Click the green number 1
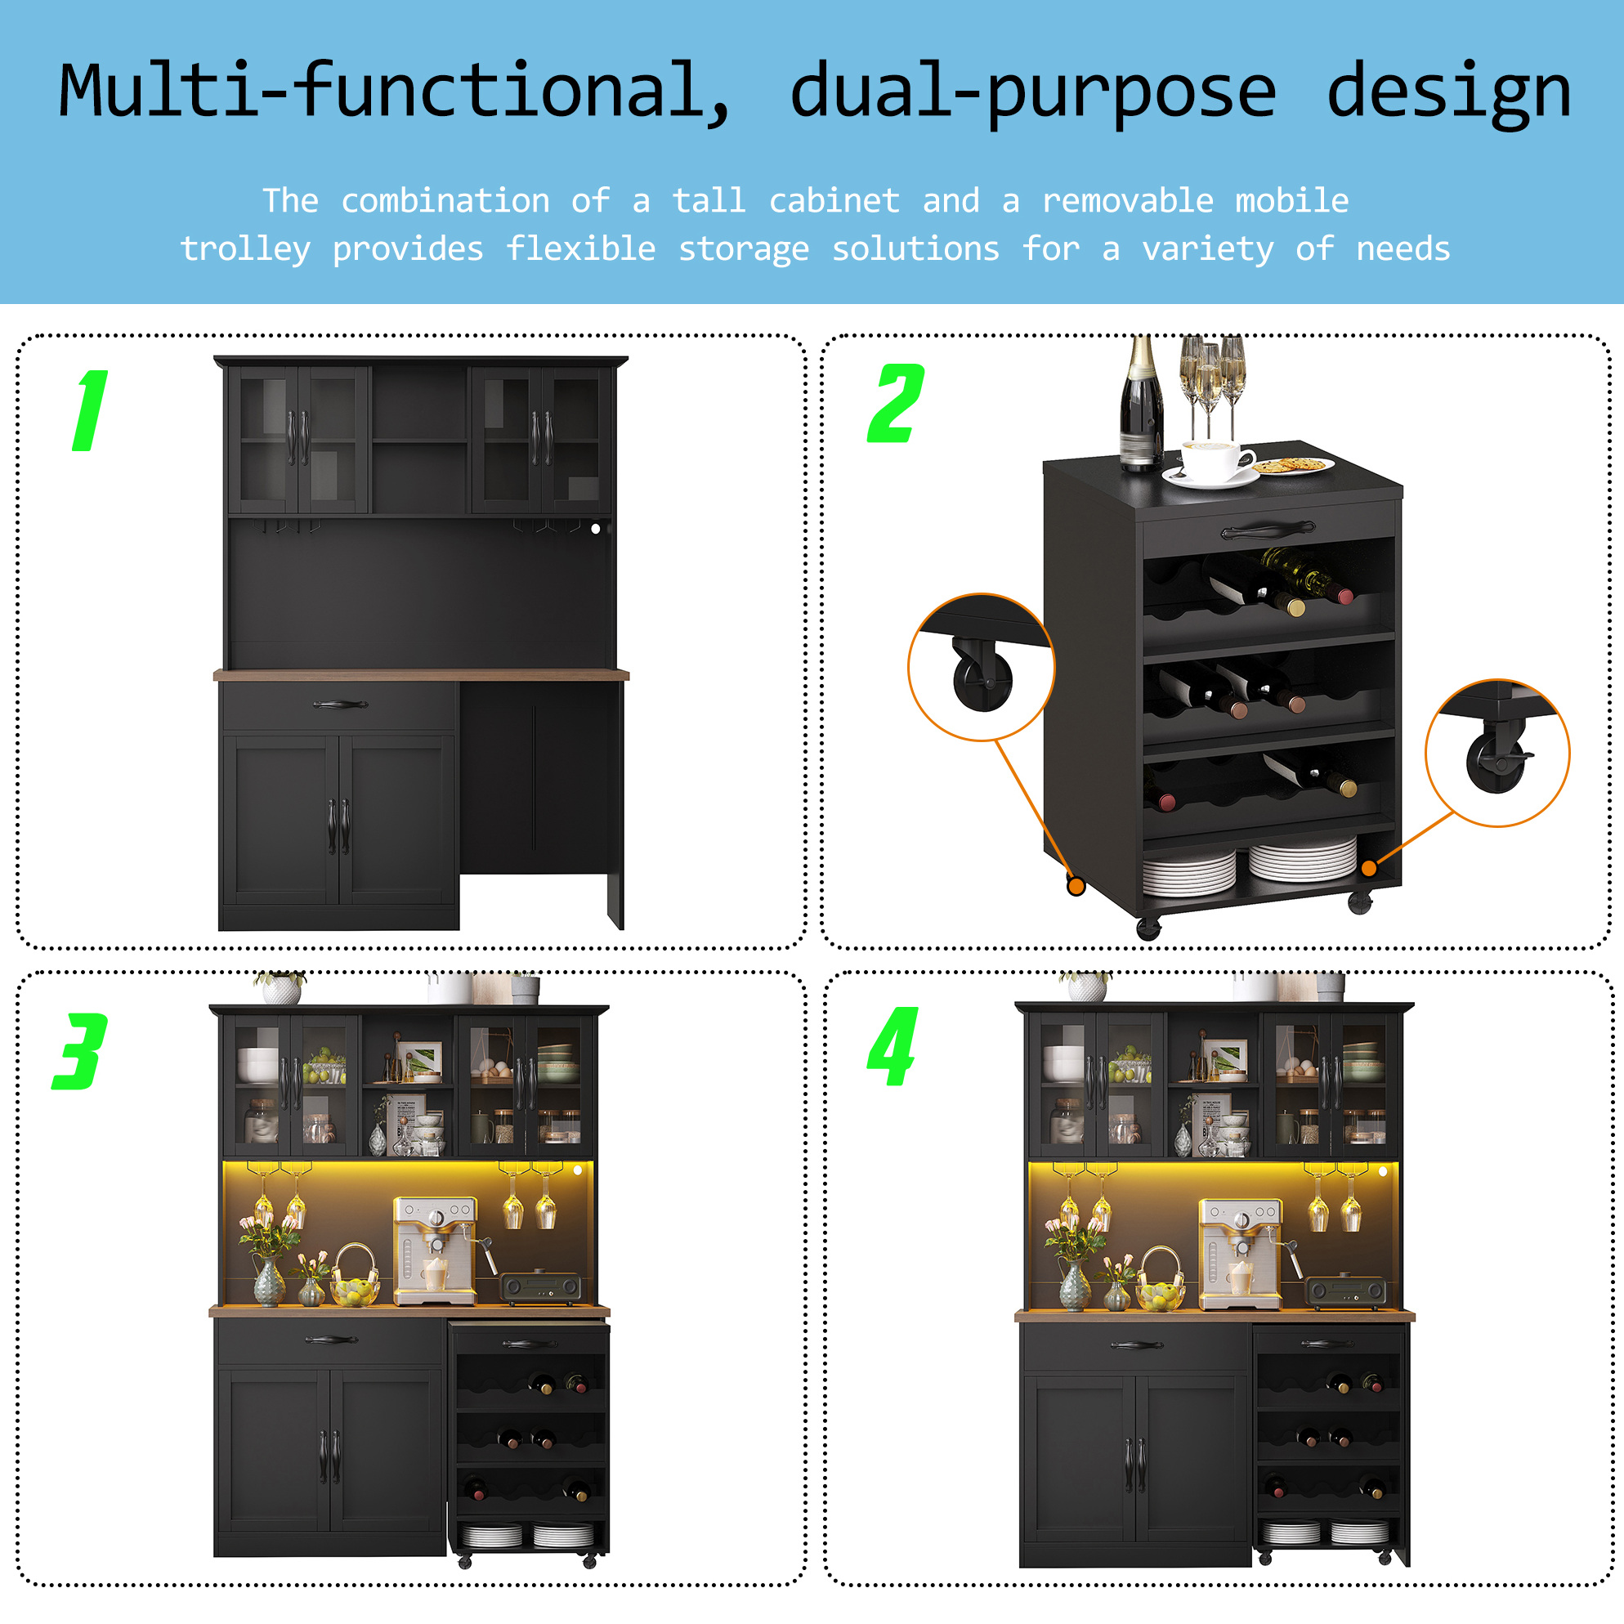[x=91, y=411]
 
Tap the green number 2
[x=896, y=404]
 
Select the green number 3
[x=80, y=1052]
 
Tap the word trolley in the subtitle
[x=245, y=249]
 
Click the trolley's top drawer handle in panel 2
[x=1268, y=530]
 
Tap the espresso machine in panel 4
[x=1240, y=1253]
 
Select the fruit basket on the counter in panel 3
[x=355, y=1277]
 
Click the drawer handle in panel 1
[x=341, y=705]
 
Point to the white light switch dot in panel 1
[x=596, y=529]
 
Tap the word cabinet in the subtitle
[x=834, y=201]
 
